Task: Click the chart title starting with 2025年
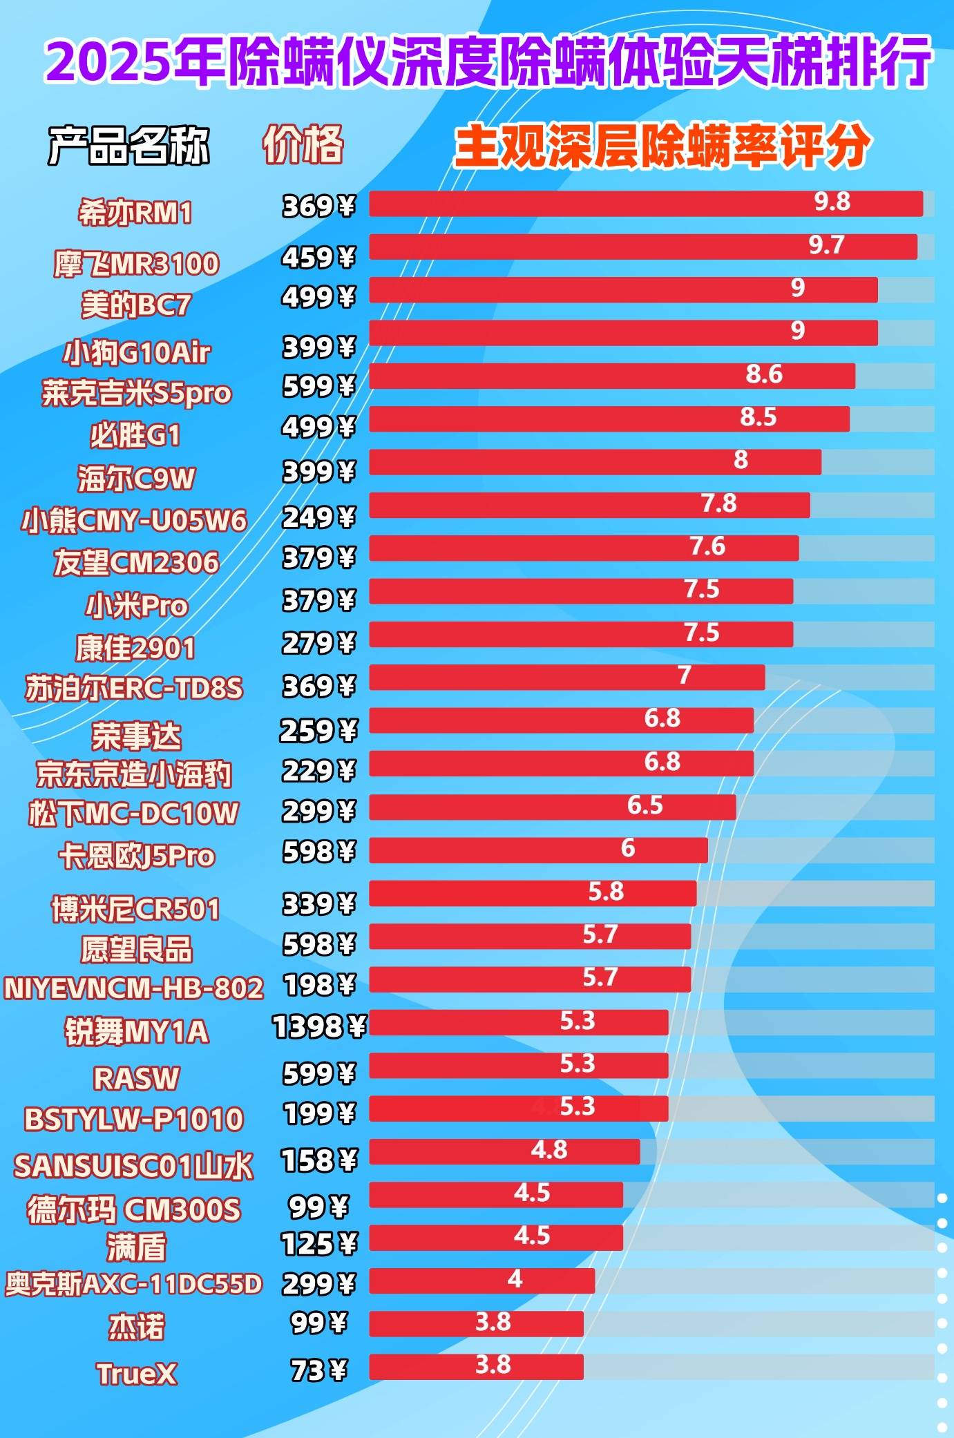(488, 62)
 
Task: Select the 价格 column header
(303, 144)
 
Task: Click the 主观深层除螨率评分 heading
(662, 146)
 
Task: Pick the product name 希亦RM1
(135, 213)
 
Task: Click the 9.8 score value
(832, 202)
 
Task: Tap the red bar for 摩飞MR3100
(642, 247)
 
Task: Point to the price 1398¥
(319, 1027)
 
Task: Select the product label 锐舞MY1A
(137, 1032)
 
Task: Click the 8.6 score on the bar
(764, 374)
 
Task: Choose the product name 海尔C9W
(136, 479)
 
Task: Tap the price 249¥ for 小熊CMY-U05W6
(318, 517)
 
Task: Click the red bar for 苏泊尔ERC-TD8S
(566, 678)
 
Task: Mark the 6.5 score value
(645, 805)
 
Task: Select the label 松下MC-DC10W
(133, 814)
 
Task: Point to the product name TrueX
(137, 1374)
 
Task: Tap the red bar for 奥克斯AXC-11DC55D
(481, 1281)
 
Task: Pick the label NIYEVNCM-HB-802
(133, 988)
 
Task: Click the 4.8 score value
(549, 1150)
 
